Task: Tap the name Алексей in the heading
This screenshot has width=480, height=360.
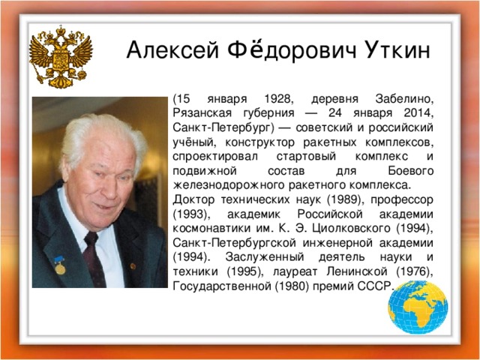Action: (x=172, y=50)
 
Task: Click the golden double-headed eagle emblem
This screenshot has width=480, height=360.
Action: (x=61, y=57)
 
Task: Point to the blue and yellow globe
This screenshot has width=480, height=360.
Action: (x=418, y=307)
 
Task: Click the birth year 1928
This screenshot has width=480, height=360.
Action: (x=277, y=99)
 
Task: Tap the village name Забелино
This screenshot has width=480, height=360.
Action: (x=404, y=99)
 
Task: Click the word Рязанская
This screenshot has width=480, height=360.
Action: (x=202, y=113)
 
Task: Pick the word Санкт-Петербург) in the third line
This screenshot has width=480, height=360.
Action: (x=223, y=127)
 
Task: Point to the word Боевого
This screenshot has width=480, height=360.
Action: (x=411, y=170)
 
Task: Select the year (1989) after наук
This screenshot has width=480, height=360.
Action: (x=346, y=199)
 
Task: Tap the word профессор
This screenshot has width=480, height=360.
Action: (x=402, y=200)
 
